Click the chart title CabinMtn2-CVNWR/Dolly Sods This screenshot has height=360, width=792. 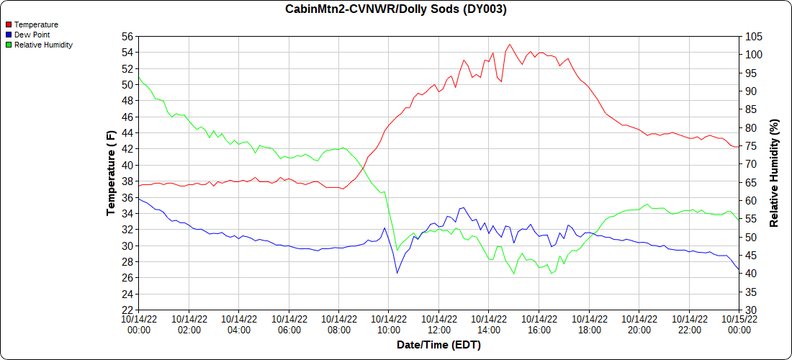tap(396, 9)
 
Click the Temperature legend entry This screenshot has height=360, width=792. tap(36, 24)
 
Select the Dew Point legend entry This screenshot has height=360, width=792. tap(32, 35)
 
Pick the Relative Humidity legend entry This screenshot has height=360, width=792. tap(43, 45)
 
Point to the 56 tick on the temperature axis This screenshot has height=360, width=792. tap(127, 37)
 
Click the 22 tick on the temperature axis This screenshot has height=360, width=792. tap(127, 310)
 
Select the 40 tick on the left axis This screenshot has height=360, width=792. tap(127, 166)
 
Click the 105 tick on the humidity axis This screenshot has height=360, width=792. tap(754, 37)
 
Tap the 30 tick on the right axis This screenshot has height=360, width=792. tap(751, 310)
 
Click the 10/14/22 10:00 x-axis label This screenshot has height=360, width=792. tap(388, 324)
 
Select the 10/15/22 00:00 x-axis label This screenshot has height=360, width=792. tap(739, 324)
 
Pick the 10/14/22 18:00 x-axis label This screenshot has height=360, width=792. tap(589, 324)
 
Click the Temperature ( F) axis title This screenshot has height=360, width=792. tap(111, 173)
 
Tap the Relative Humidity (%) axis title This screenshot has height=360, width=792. tap(775, 173)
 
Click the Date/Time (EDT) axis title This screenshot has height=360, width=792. tap(438, 345)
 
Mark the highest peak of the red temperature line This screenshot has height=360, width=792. tap(510, 45)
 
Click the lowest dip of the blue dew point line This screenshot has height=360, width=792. tap(397, 273)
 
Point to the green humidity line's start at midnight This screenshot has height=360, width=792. tap(139, 78)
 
